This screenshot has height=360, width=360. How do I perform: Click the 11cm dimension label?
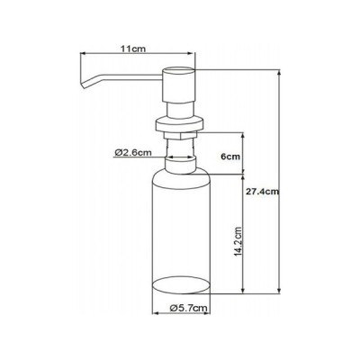(133, 49)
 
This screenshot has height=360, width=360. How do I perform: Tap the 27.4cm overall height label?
(262, 192)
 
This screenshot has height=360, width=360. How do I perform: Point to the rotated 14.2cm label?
(238, 242)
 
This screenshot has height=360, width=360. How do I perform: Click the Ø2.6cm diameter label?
(132, 153)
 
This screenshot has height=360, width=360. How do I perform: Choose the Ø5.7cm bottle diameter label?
(188, 308)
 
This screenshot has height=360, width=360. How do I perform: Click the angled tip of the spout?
(83, 85)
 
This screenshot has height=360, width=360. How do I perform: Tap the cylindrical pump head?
(179, 85)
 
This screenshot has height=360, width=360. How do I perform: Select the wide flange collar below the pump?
(179, 124)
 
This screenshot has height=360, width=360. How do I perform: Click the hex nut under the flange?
(179, 135)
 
